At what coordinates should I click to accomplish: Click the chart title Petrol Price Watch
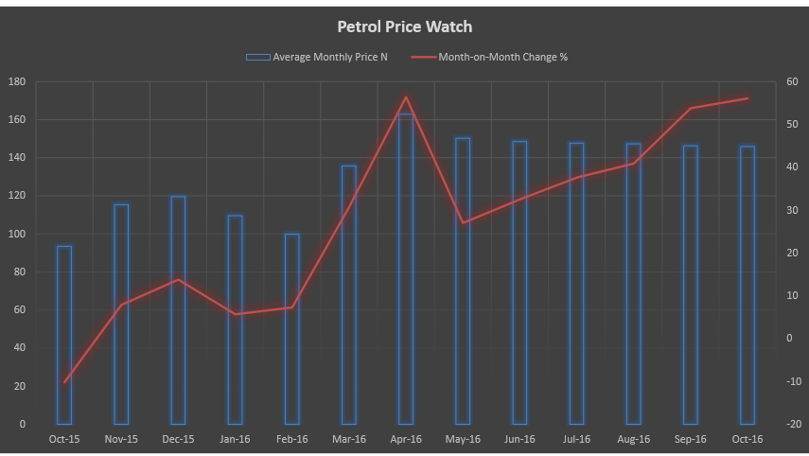(x=404, y=26)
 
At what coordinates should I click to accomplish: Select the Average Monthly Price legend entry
(x=317, y=57)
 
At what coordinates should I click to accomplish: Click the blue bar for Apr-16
(x=406, y=270)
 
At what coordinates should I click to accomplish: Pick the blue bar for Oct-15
(x=64, y=335)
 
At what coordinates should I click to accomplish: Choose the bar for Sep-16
(x=691, y=285)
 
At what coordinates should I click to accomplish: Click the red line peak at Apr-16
(x=406, y=97)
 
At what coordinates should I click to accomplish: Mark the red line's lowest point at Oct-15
(x=64, y=382)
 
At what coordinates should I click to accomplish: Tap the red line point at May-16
(x=463, y=223)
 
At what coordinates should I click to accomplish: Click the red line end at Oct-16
(x=747, y=98)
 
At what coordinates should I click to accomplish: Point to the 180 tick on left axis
(x=16, y=81)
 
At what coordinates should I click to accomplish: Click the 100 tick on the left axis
(x=16, y=234)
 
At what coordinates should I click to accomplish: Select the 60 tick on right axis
(x=791, y=81)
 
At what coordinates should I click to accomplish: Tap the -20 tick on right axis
(x=791, y=424)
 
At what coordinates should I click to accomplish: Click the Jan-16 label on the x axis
(x=235, y=439)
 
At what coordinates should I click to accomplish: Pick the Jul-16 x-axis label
(x=576, y=439)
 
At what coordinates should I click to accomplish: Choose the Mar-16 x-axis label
(x=349, y=439)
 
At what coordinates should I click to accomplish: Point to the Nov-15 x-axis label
(x=121, y=439)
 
